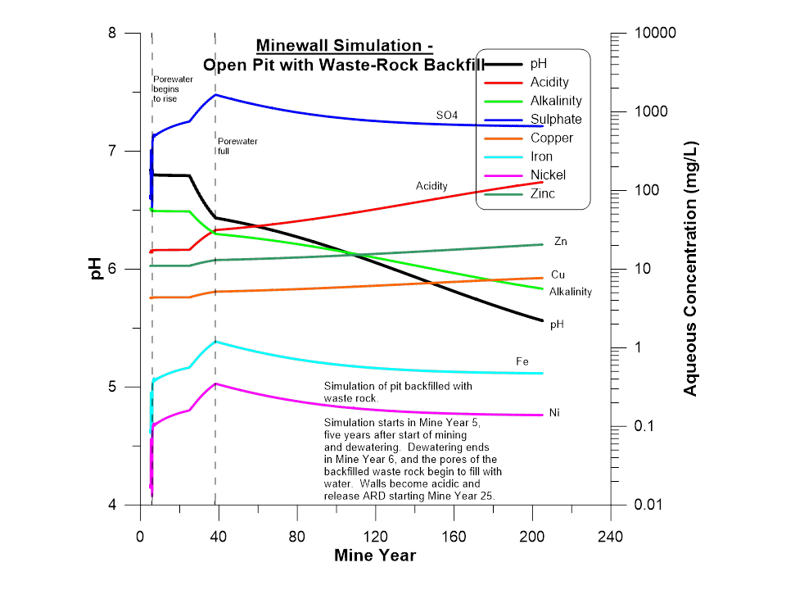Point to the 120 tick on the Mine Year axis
pyautogui.click(x=375, y=537)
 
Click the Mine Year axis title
pyautogui.click(x=375, y=556)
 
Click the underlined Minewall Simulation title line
pyautogui.click(x=345, y=45)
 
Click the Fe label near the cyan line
pyautogui.click(x=522, y=361)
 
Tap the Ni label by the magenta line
pyautogui.click(x=554, y=412)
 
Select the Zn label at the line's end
pyautogui.click(x=560, y=242)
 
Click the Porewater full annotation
pyautogui.click(x=237, y=146)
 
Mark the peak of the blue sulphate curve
pyautogui.click(x=215, y=94)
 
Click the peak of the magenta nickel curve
pyautogui.click(x=215, y=383)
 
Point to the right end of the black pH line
pyautogui.click(x=543, y=320)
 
